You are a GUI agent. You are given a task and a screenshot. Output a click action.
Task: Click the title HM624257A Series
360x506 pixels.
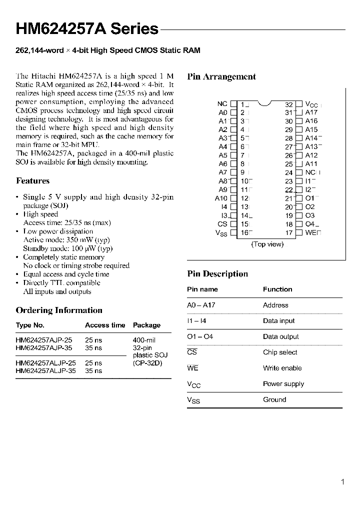click(87, 29)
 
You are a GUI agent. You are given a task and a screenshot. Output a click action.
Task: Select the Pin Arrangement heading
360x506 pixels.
click(221, 76)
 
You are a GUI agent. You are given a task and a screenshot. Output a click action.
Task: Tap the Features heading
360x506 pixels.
click(32, 180)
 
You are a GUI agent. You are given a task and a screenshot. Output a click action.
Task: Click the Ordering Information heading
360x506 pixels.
click(59, 310)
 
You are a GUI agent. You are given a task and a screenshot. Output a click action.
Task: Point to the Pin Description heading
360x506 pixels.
click(217, 273)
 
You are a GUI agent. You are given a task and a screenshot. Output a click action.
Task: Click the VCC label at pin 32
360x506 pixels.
click(311, 104)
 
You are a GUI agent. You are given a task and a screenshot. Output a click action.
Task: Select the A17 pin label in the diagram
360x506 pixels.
click(311, 112)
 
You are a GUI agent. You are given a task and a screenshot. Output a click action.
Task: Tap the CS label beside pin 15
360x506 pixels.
click(222, 224)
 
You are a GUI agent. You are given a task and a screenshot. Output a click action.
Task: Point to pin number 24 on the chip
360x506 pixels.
click(289, 172)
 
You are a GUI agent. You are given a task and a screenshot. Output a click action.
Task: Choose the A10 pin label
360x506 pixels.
click(221, 198)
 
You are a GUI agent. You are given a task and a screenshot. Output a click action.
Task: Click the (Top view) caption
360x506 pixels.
click(267, 244)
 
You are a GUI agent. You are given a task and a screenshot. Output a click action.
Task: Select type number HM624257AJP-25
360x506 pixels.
click(46, 340)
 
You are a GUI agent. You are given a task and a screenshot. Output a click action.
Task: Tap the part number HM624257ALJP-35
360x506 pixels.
click(46, 371)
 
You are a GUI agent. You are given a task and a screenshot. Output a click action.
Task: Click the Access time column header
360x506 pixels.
click(105, 325)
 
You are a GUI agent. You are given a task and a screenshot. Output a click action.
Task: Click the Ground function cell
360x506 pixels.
click(274, 399)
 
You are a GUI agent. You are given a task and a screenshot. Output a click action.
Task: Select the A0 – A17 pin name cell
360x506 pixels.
click(201, 305)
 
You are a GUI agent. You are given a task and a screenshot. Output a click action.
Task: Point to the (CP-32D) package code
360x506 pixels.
click(147, 363)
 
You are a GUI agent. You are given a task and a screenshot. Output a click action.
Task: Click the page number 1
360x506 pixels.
click(342, 482)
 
